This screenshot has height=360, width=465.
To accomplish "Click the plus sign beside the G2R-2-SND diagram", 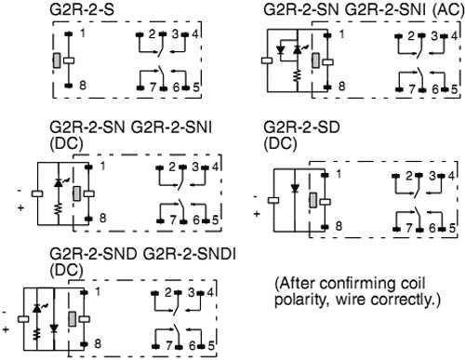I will pos(7,329).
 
